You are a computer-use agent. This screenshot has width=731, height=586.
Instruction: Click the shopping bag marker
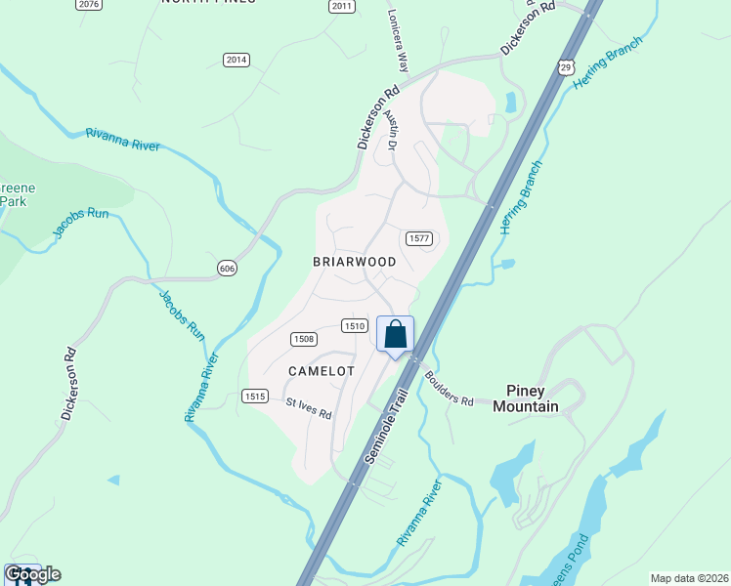(x=395, y=334)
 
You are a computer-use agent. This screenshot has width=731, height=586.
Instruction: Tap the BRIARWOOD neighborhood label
(x=354, y=262)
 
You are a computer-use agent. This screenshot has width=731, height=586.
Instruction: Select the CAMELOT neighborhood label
(x=321, y=371)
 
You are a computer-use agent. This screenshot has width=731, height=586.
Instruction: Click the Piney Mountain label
(x=526, y=398)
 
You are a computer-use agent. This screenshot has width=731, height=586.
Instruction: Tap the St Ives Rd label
(x=309, y=408)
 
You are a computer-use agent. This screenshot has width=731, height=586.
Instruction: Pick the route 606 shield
(x=227, y=268)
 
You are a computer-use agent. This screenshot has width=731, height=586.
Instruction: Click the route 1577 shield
(x=417, y=238)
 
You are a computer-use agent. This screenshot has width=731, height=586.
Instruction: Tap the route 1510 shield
(x=354, y=325)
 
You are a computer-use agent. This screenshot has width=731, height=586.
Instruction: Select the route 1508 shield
(x=303, y=338)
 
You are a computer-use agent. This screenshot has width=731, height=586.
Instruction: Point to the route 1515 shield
(x=255, y=396)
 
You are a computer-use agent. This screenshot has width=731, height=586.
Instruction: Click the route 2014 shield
(x=236, y=60)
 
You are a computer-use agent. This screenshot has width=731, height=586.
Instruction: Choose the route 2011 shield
(x=341, y=6)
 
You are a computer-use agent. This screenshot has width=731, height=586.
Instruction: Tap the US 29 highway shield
(x=566, y=65)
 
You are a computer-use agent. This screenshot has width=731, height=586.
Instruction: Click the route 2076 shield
(x=88, y=5)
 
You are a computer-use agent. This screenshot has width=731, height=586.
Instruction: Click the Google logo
(x=32, y=574)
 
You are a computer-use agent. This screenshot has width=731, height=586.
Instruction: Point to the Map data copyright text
(x=689, y=578)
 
